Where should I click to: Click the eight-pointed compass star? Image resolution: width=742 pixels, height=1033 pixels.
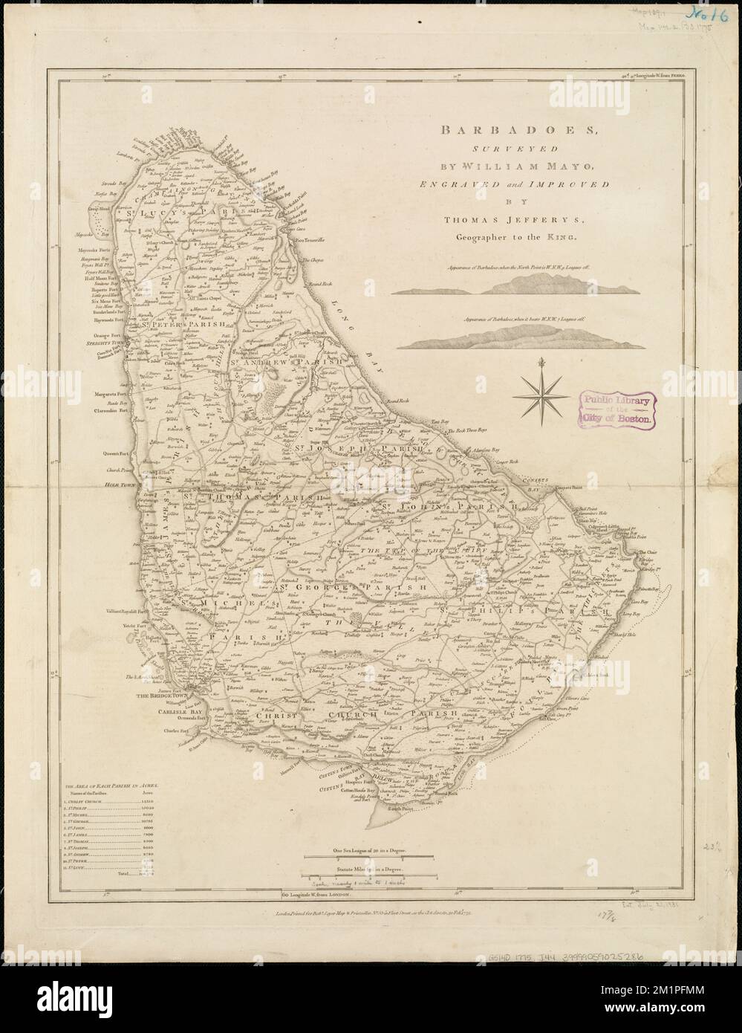(x=542, y=389)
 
